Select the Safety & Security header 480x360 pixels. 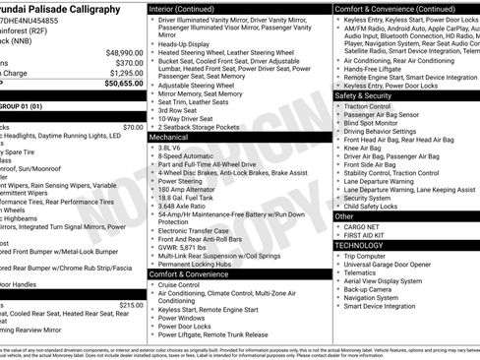363,95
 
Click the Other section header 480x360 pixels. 344,215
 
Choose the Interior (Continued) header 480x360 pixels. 190,8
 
